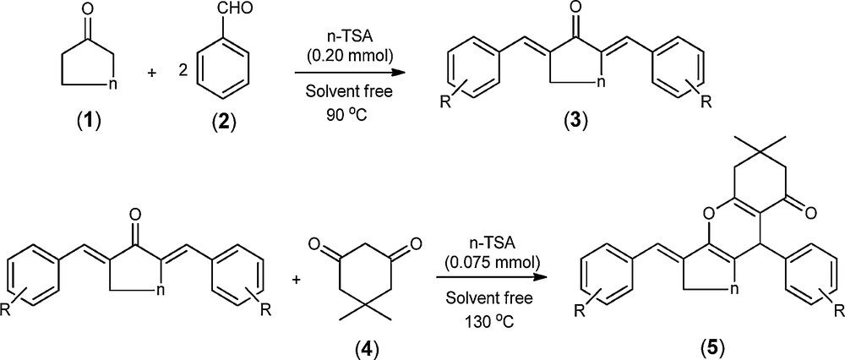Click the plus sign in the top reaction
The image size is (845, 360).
151,73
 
